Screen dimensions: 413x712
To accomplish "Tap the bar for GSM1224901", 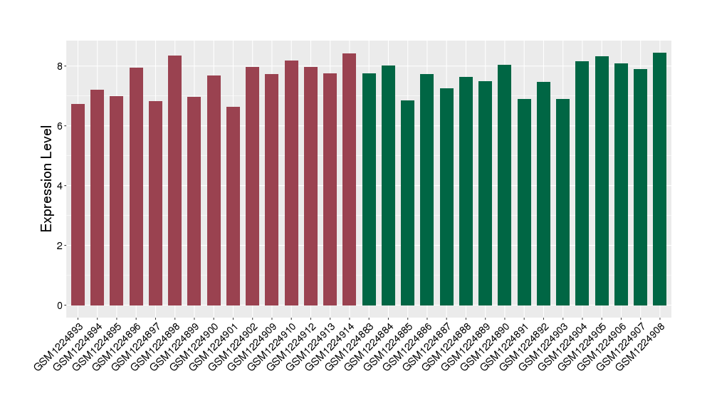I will point(233,206).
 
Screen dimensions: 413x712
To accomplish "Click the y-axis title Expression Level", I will point(47,178).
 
